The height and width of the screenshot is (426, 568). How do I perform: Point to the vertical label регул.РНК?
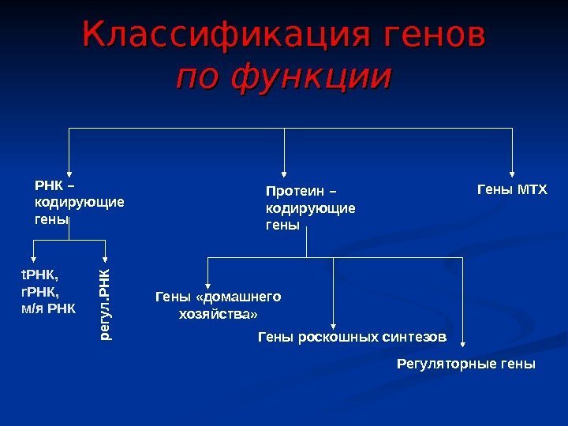click(x=105, y=305)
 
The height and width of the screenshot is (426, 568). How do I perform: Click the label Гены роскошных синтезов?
click(x=352, y=338)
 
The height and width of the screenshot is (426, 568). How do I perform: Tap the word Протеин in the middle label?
click(x=293, y=191)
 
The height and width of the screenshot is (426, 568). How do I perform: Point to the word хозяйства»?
click(x=219, y=313)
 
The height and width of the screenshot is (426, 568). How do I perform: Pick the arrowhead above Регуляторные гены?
click(x=463, y=342)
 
